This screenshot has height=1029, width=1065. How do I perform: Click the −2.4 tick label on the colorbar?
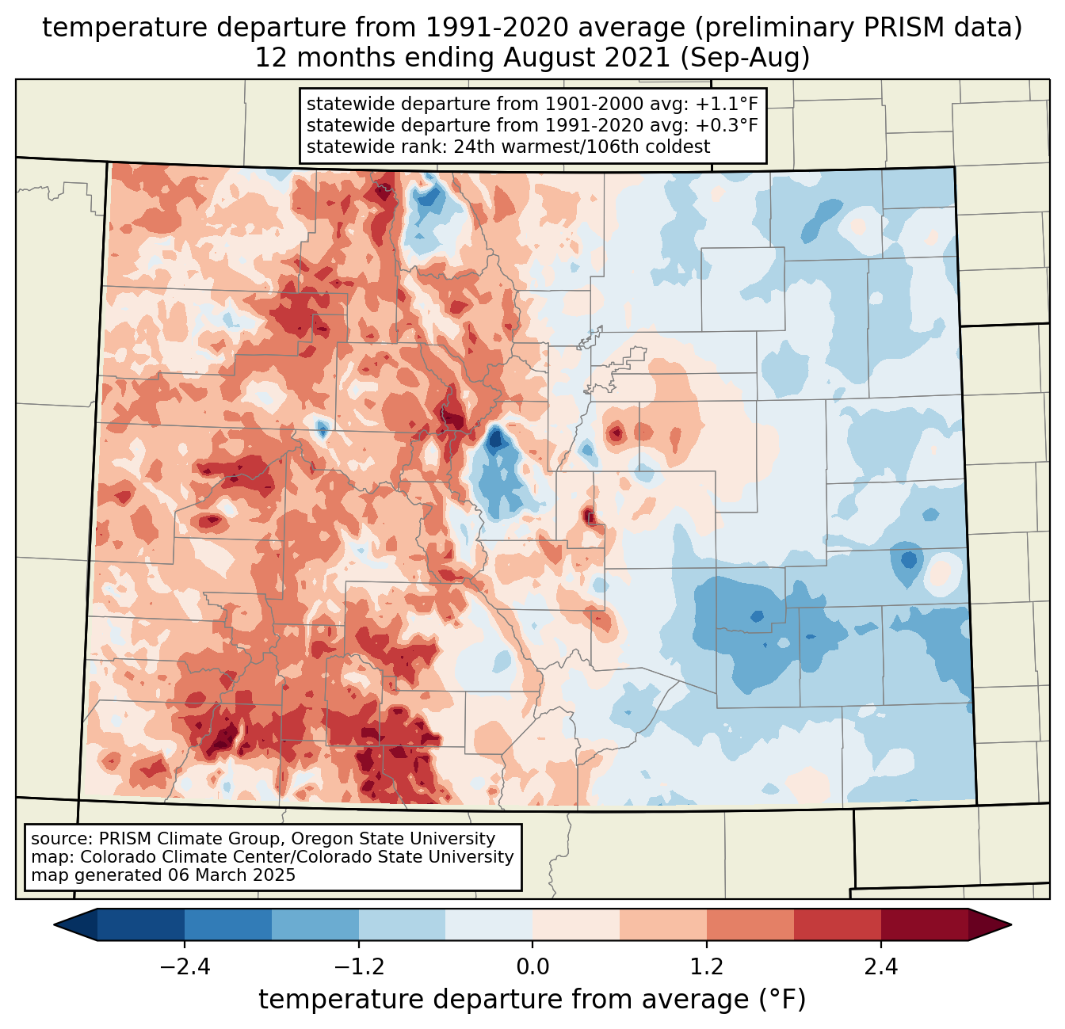[x=184, y=967]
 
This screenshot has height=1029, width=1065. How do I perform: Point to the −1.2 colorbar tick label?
[x=358, y=967]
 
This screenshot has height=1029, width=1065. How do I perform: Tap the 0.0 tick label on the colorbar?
[x=532, y=967]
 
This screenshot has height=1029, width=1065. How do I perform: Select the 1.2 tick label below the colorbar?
[x=707, y=967]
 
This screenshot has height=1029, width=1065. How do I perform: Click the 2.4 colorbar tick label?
[x=880, y=967]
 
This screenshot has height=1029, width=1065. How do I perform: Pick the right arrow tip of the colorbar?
[x=1009, y=924]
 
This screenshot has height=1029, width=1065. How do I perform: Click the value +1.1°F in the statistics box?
[x=727, y=105]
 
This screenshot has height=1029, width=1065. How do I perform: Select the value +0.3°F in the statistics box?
[x=727, y=125]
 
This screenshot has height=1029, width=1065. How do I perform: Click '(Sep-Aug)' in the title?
[x=745, y=58]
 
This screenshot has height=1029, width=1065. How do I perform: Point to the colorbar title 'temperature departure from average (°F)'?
[x=532, y=1000]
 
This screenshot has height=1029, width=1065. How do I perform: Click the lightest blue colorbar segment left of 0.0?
[x=489, y=924]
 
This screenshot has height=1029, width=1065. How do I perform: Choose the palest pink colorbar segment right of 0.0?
[x=576, y=924]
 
